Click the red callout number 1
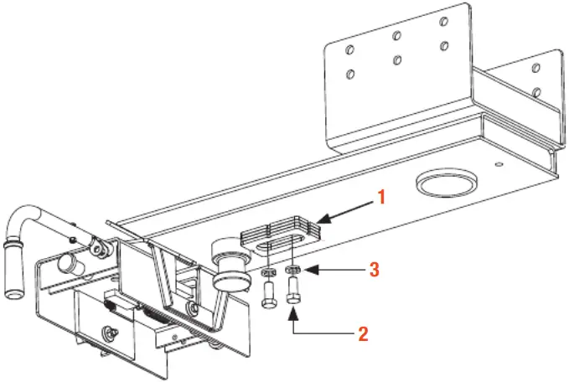380,199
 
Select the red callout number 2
363,333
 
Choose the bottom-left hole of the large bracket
350,74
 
